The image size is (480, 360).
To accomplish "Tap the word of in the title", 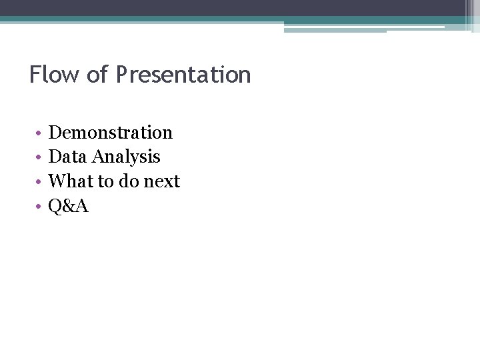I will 97,74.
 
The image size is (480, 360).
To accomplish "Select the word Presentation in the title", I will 183,74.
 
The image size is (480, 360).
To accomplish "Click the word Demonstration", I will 111,133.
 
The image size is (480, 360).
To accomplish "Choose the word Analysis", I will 127,157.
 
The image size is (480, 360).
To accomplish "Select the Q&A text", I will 69,206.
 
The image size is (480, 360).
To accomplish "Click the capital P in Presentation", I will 122,74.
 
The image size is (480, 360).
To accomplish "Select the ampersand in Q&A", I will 69,206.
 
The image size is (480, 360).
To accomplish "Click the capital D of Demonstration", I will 56,133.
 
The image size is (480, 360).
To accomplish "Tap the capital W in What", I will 59,181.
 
